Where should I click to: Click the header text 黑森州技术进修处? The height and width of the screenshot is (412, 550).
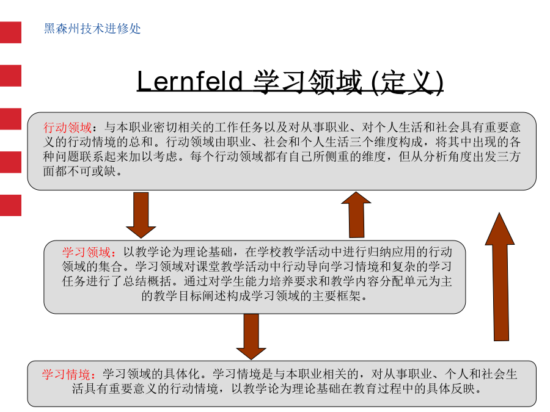click(x=92, y=28)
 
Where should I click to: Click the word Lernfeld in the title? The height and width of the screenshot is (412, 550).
click(x=189, y=81)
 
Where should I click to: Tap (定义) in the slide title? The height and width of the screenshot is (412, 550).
click(x=407, y=82)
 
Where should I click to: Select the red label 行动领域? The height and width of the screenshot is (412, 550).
click(x=67, y=127)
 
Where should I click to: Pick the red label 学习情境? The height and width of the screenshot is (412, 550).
click(x=66, y=374)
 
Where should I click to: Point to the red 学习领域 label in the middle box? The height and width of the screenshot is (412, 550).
click(x=86, y=252)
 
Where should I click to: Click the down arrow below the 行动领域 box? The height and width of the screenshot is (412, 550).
click(x=141, y=215)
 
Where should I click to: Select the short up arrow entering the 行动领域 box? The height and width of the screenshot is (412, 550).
click(x=356, y=215)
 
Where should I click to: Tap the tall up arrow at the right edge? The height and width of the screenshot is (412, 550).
click(x=500, y=276)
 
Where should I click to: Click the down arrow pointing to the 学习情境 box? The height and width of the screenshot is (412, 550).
click(x=251, y=337)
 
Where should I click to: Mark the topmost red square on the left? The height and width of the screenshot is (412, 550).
click(x=10, y=32)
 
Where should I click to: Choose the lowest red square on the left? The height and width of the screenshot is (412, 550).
click(x=10, y=205)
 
